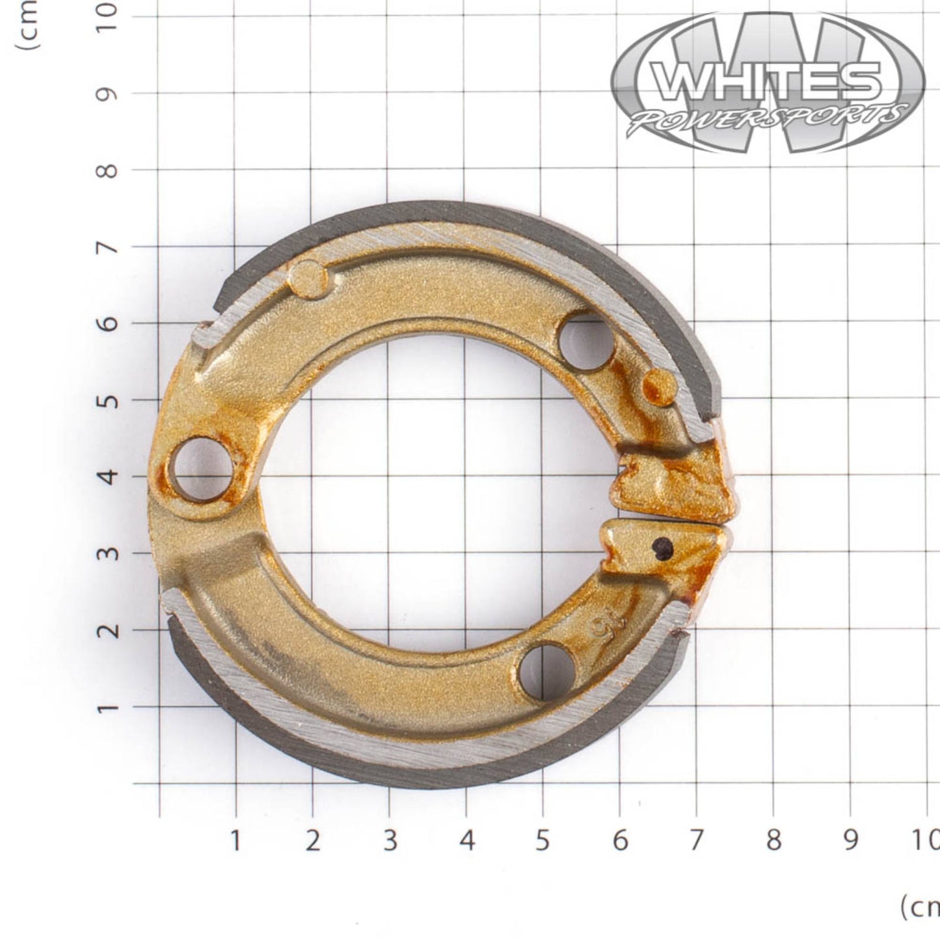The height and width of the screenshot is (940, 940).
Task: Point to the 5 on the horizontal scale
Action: pos(543,840)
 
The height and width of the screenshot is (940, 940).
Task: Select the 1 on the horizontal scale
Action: pos(235,840)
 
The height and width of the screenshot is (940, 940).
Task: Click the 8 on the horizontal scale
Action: pos(773,840)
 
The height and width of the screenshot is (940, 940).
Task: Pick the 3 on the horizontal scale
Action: pos(389,840)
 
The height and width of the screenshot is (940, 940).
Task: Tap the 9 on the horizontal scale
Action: pos(850,840)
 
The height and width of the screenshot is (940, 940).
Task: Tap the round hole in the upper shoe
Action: pos(586,342)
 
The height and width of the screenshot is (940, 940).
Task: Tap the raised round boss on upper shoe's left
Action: pos(308,279)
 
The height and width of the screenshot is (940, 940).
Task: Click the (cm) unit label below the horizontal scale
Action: pos(919,907)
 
